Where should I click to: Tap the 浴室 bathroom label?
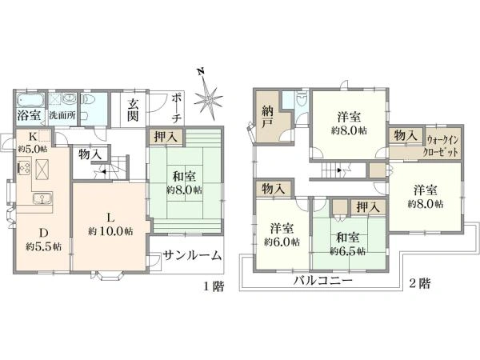pos(27,115)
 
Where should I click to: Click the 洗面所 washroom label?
pos(62,115)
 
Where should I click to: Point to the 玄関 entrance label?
pos(134,110)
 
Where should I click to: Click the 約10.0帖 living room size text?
pos(109,232)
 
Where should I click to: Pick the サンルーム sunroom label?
pos(192,256)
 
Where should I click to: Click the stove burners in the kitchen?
pos(22,169)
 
